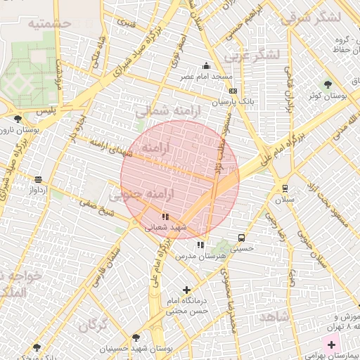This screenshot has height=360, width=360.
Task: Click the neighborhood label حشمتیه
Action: point(51,23)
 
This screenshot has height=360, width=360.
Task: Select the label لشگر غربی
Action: point(251,55)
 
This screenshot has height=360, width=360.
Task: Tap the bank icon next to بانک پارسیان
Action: point(233,91)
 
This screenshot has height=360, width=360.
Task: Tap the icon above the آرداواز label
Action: point(37,179)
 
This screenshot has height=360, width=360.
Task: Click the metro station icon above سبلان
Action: point(285,188)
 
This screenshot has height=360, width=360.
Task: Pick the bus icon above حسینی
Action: point(242,238)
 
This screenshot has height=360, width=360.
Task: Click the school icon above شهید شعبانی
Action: point(165,217)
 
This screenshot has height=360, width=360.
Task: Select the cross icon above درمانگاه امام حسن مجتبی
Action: point(186,289)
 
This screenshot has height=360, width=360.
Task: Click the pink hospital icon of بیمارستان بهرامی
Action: point(330,345)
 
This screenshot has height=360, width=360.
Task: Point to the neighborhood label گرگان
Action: point(93,326)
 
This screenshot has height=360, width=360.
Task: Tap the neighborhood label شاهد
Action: point(273,317)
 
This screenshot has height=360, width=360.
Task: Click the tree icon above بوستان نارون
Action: point(18,119)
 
